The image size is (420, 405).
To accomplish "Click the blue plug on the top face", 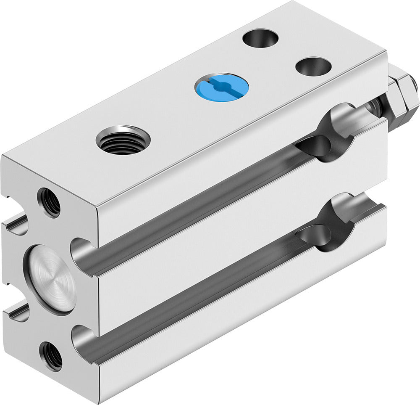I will [x=221, y=86].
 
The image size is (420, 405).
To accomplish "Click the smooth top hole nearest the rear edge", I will [x=260, y=37].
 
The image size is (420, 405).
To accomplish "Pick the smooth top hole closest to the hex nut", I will [x=313, y=66].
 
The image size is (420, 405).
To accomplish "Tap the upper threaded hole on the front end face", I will [x=49, y=202].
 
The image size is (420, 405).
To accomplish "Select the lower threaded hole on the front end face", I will [x=51, y=356].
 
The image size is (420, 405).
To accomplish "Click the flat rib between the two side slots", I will [x=235, y=248].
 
